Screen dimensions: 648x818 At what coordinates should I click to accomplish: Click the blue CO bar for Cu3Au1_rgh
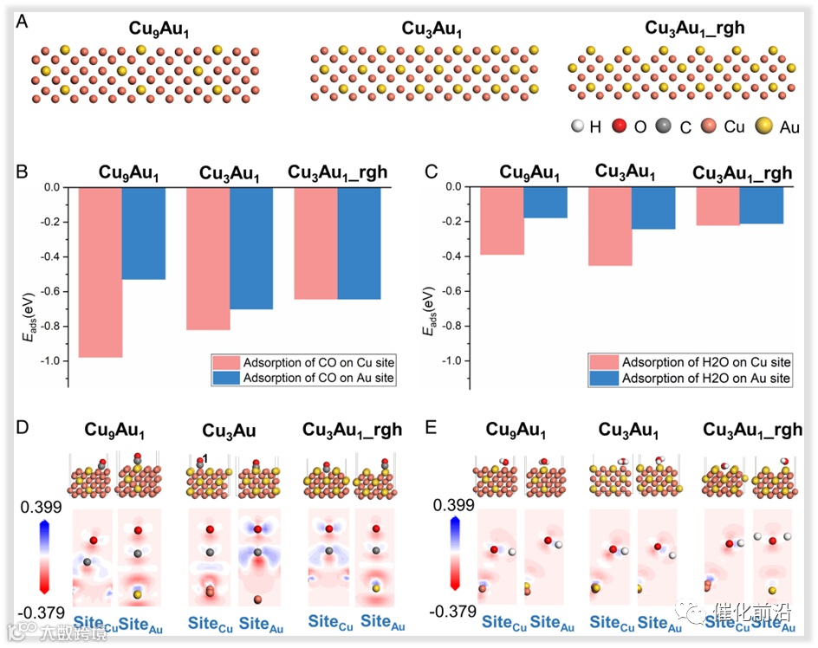359,243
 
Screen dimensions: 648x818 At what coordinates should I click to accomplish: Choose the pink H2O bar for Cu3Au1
609,226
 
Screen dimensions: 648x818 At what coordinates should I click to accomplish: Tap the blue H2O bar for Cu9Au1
545,202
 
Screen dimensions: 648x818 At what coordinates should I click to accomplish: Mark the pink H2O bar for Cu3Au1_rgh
718,206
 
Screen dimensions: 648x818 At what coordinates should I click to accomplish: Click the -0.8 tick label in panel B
52,326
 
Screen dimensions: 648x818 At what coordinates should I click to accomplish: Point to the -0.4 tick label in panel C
452,256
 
